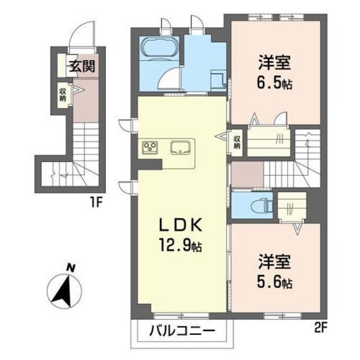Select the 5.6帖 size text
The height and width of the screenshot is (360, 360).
point(276,282)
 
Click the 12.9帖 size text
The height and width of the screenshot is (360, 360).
point(181,246)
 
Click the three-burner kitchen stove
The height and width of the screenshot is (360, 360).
point(150,147)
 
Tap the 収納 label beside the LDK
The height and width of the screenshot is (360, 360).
point(237,141)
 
